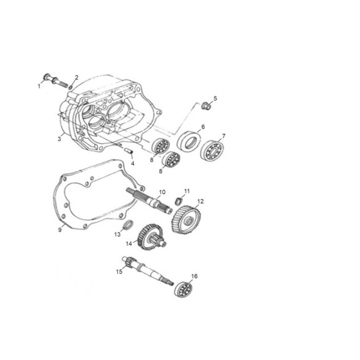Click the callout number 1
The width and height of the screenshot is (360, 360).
tap(39, 86)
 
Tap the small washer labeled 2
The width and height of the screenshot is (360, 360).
tap(70, 87)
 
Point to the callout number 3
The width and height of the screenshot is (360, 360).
tap(59, 139)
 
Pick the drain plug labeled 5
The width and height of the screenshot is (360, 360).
tap(206, 106)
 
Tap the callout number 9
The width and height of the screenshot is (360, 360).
tap(60, 230)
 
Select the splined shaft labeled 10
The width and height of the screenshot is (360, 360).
tap(149, 201)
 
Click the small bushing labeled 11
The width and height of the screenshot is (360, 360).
tap(179, 201)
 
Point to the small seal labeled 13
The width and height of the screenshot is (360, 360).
tap(129, 225)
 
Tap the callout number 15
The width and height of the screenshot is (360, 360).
tap(119, 271)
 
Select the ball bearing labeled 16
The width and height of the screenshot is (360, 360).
tap(183, 289)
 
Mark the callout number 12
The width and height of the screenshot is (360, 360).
tap(201, 201)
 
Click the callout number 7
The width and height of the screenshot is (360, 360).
tap(223, 136)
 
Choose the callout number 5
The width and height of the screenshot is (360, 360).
tap(215, 98)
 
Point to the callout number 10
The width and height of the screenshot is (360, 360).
tap(162, 192)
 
